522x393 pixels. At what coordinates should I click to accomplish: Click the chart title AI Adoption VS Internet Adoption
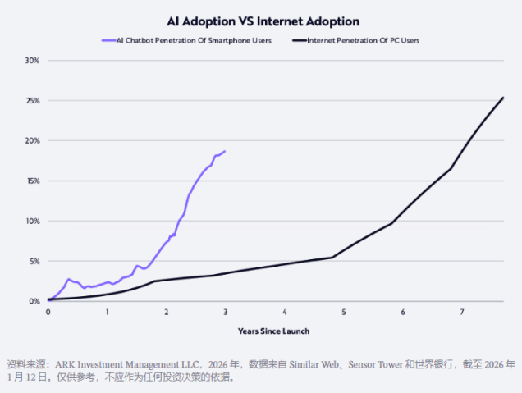(x=260, y=21)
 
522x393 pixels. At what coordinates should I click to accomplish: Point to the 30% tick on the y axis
(x=32, y=61)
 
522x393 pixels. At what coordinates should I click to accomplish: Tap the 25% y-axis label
(x=32, y=101)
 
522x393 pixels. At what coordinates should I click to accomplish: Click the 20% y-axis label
(x=32, y=141)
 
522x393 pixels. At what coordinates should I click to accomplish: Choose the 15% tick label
(x=32, y=181)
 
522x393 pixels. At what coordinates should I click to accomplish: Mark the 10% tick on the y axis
(x=32, y=222)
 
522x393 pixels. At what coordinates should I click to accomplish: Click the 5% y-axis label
(x=34, y=262)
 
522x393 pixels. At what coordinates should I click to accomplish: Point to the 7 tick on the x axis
(x=462, y=313)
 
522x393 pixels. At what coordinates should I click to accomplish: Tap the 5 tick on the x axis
(x=344, y=313)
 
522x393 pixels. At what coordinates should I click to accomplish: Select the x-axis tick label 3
(x=226, y=313)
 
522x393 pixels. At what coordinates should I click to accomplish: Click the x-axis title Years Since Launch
(x=273, y=331)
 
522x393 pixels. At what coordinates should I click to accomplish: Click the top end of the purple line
(x=225, y=151)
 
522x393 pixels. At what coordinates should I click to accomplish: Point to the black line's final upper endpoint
(x=503, y=98)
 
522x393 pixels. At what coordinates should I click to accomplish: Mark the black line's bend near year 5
(x=332, y=258)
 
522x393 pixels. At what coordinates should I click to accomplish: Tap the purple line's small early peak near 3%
(x=69, y=279)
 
